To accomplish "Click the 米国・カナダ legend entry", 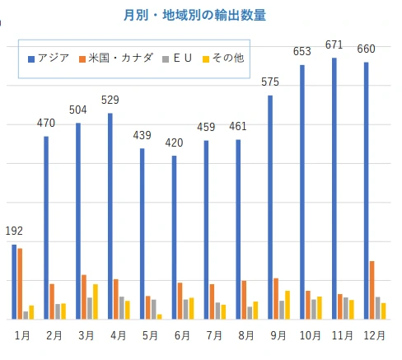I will pos(115,58).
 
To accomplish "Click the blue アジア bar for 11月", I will pos(334,189).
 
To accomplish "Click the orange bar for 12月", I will pos(372,290).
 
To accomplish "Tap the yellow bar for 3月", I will pos(96,302).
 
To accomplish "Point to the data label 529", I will pos(110,101).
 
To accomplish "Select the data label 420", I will pos(174,143).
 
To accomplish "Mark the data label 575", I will pos(270,82).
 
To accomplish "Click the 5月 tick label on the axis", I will pos(150,335).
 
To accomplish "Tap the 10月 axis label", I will pos(311,335).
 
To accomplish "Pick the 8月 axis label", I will pos(246,335).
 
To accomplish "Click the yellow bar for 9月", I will pos(287,305).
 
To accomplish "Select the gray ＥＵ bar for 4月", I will pos(122,307).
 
